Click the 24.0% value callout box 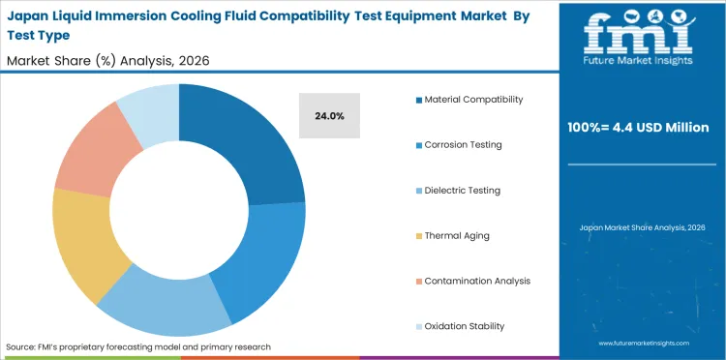coord(329,115)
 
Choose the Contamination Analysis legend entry coord(477,281)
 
